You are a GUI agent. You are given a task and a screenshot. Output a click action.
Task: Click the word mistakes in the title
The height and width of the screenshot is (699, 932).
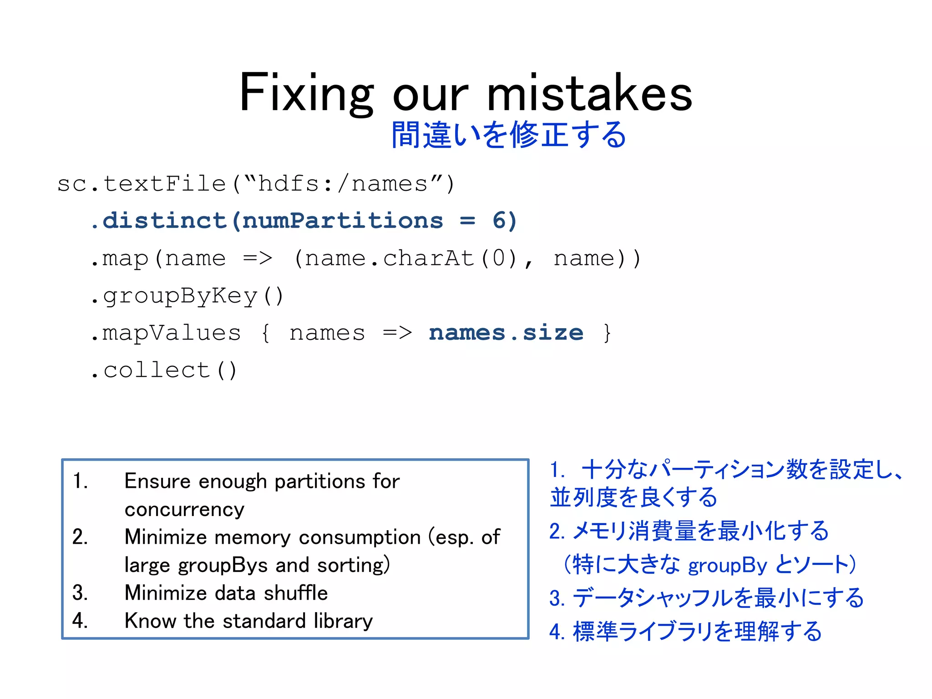(589, 93)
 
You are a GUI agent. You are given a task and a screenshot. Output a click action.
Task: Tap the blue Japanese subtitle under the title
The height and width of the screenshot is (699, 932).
(509, 135)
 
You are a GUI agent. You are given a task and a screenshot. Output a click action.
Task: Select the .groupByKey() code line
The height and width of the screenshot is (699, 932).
(187, 296)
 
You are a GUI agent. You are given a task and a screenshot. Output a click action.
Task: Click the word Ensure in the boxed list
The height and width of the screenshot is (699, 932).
(157, 481)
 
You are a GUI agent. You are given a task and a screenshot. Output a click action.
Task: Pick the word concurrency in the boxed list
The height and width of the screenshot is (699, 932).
(184, 510)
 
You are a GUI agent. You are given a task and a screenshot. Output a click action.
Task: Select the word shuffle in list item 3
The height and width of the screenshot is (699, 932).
(296, 593)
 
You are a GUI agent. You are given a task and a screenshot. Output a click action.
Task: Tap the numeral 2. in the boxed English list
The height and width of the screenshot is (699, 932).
(80, 537)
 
